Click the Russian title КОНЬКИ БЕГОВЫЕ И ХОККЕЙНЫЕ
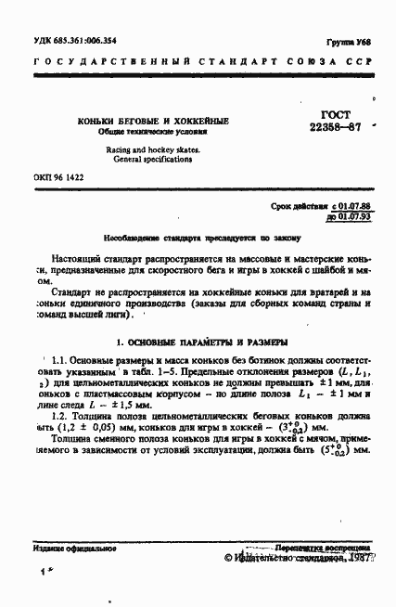click(x=154, y=122)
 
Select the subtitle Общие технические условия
click(x=154, y=132)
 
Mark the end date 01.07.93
click(x=351, y=214)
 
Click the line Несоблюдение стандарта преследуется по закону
click(x=194, y=237)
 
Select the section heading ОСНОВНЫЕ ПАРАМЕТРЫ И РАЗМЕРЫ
click(x=206, y=342)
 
